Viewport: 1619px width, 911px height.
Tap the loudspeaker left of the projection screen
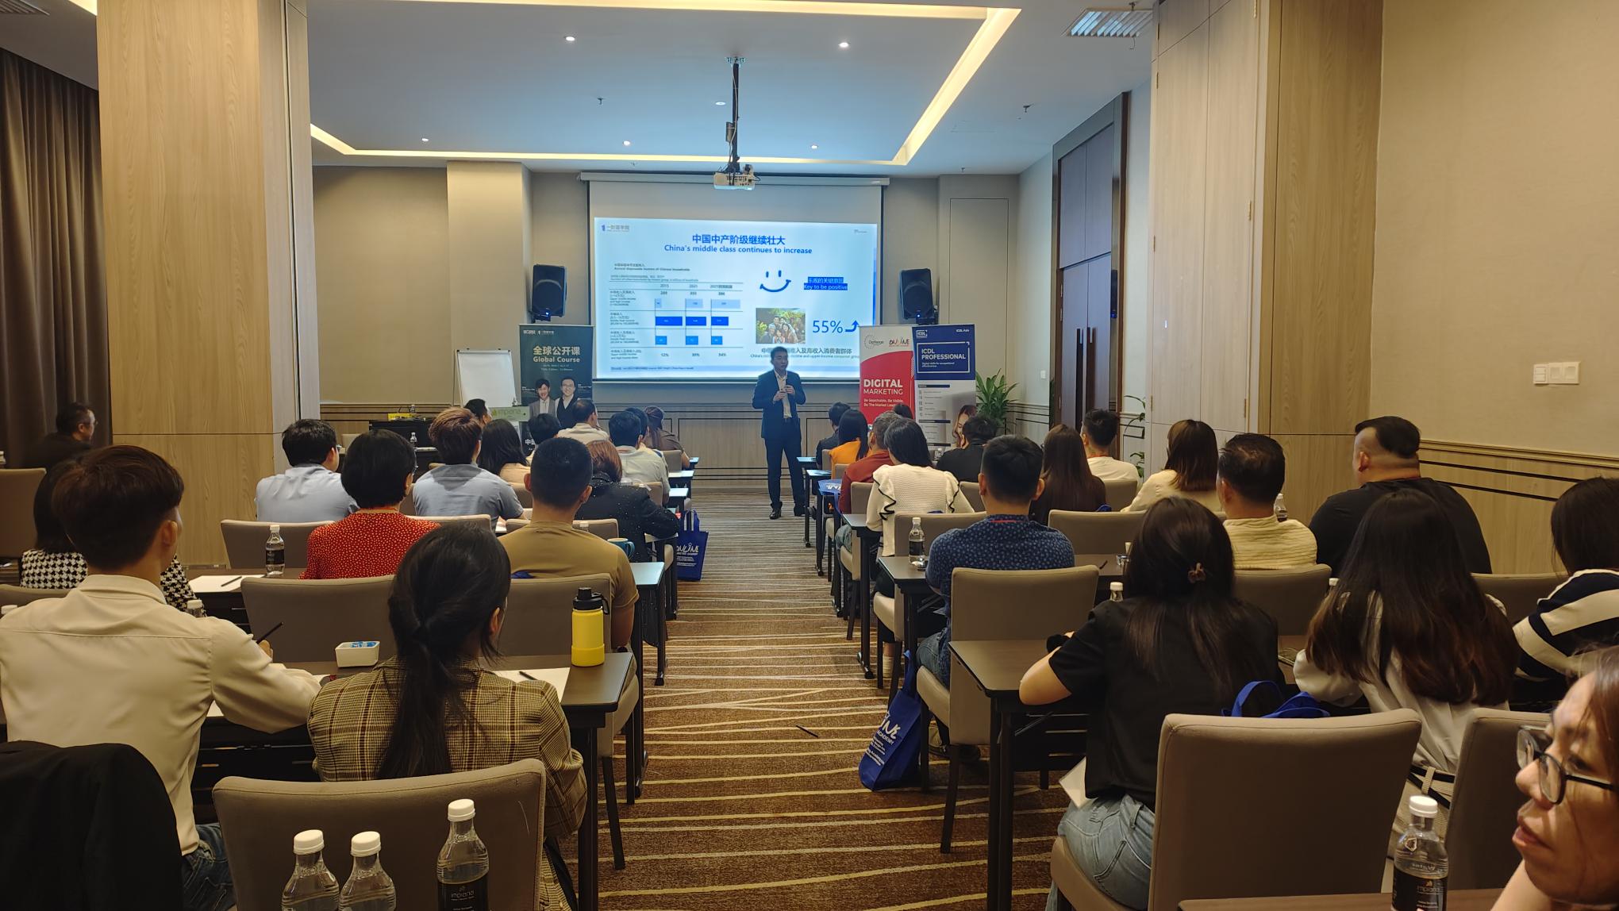(548, 291)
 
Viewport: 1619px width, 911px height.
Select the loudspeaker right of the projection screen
(916, 294)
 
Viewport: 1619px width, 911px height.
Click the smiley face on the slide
(775, 281)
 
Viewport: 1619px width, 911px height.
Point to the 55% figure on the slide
(827, 326)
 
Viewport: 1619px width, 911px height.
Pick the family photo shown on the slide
(779, 325)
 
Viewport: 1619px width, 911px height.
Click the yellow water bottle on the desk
(587, 627)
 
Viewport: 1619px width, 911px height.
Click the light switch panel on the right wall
(1555, 372)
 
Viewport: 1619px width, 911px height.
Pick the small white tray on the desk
(356, 652)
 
